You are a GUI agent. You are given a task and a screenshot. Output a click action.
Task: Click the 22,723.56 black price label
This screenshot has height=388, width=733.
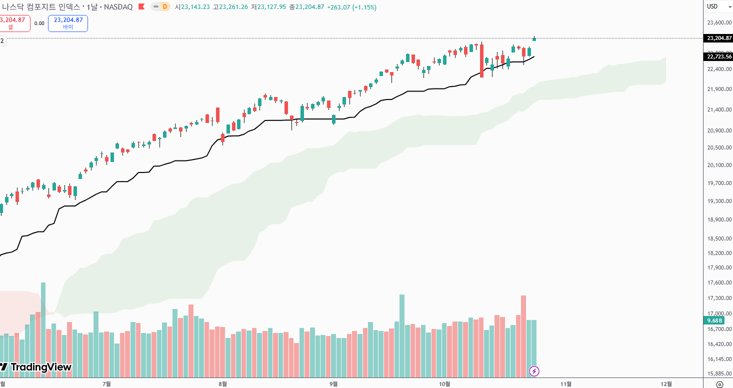point(719,56)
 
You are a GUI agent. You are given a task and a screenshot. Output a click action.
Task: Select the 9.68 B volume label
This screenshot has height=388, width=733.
point(712,320)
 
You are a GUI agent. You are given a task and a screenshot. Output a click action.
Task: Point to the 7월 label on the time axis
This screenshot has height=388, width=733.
point(106,383)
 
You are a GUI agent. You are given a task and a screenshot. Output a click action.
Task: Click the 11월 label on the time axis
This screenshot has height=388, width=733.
point(566,383)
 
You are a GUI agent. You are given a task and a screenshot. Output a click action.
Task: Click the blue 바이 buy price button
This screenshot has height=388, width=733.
point(68,23)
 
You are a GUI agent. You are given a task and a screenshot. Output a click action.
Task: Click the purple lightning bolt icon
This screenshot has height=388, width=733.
point(534,371)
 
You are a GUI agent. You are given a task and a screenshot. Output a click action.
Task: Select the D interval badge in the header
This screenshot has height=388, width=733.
point(164,7)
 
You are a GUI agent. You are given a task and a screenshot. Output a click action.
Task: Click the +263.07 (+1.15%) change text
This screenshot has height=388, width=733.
point(351,7)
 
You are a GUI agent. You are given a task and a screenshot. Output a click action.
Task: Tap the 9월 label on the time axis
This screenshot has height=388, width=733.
point(333,383)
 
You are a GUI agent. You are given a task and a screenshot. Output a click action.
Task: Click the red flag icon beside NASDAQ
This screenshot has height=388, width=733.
point(141,7)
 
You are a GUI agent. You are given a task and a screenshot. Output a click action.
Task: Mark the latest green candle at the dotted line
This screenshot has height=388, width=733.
point(534,38)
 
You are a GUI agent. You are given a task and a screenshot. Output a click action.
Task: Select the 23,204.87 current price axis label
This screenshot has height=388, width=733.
point(719,38)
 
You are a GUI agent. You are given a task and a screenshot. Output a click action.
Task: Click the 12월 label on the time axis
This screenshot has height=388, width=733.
point(666,383)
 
